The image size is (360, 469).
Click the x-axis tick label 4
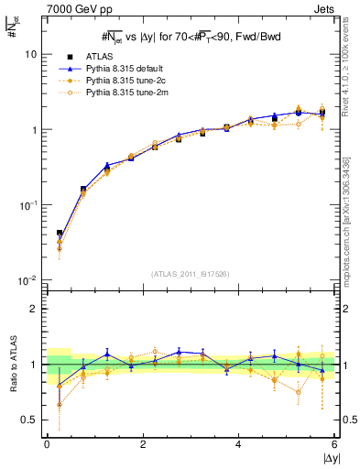point(239,444)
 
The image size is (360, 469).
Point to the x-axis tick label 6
point(334,444)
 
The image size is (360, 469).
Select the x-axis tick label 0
point(47,444)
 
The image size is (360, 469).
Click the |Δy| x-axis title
point(327,459)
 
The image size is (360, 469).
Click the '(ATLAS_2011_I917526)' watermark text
point(191,274)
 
